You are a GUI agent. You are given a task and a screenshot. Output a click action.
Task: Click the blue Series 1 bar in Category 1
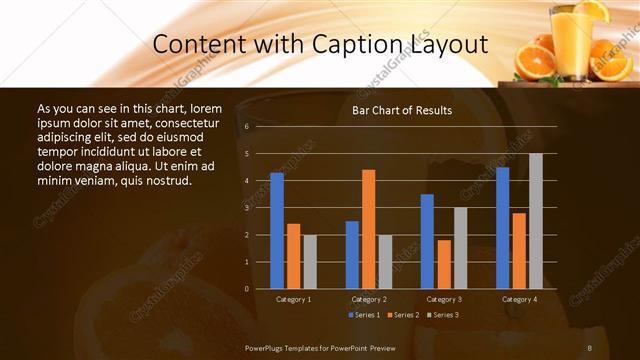pyautogui.click(x=277, y=231)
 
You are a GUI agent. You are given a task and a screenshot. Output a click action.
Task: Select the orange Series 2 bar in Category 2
pyautogui.click(x=368, y=229)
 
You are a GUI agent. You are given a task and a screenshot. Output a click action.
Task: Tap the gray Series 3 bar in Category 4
pyautogui.click(x=535, y=221)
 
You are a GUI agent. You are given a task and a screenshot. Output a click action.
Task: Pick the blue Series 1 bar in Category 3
pyautogui.click(x=427, y=241)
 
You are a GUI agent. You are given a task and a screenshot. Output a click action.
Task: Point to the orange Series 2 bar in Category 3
pyautogui.click(x=443, y=264)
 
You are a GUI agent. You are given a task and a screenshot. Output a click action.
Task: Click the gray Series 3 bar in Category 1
pyautogui.click(x=310, y=261)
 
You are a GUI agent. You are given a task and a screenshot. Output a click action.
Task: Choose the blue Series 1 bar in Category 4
pyautogui.click(x=502, y=228)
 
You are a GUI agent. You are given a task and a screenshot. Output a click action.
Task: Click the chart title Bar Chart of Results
pyautogui.click(x=402, y=110)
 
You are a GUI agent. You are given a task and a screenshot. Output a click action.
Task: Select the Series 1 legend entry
pyautogui.click(x=363, y=315)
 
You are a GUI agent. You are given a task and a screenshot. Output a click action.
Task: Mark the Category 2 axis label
pyautogui.click(x=368, y=299)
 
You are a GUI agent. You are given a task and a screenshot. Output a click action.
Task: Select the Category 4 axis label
pyautogui.click(x=518, y=299)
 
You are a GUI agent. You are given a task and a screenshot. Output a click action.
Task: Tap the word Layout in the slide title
pyautogui.click(x=447, y=46)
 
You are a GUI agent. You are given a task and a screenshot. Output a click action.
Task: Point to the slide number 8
pyautogui.click(x=590, y=348)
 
